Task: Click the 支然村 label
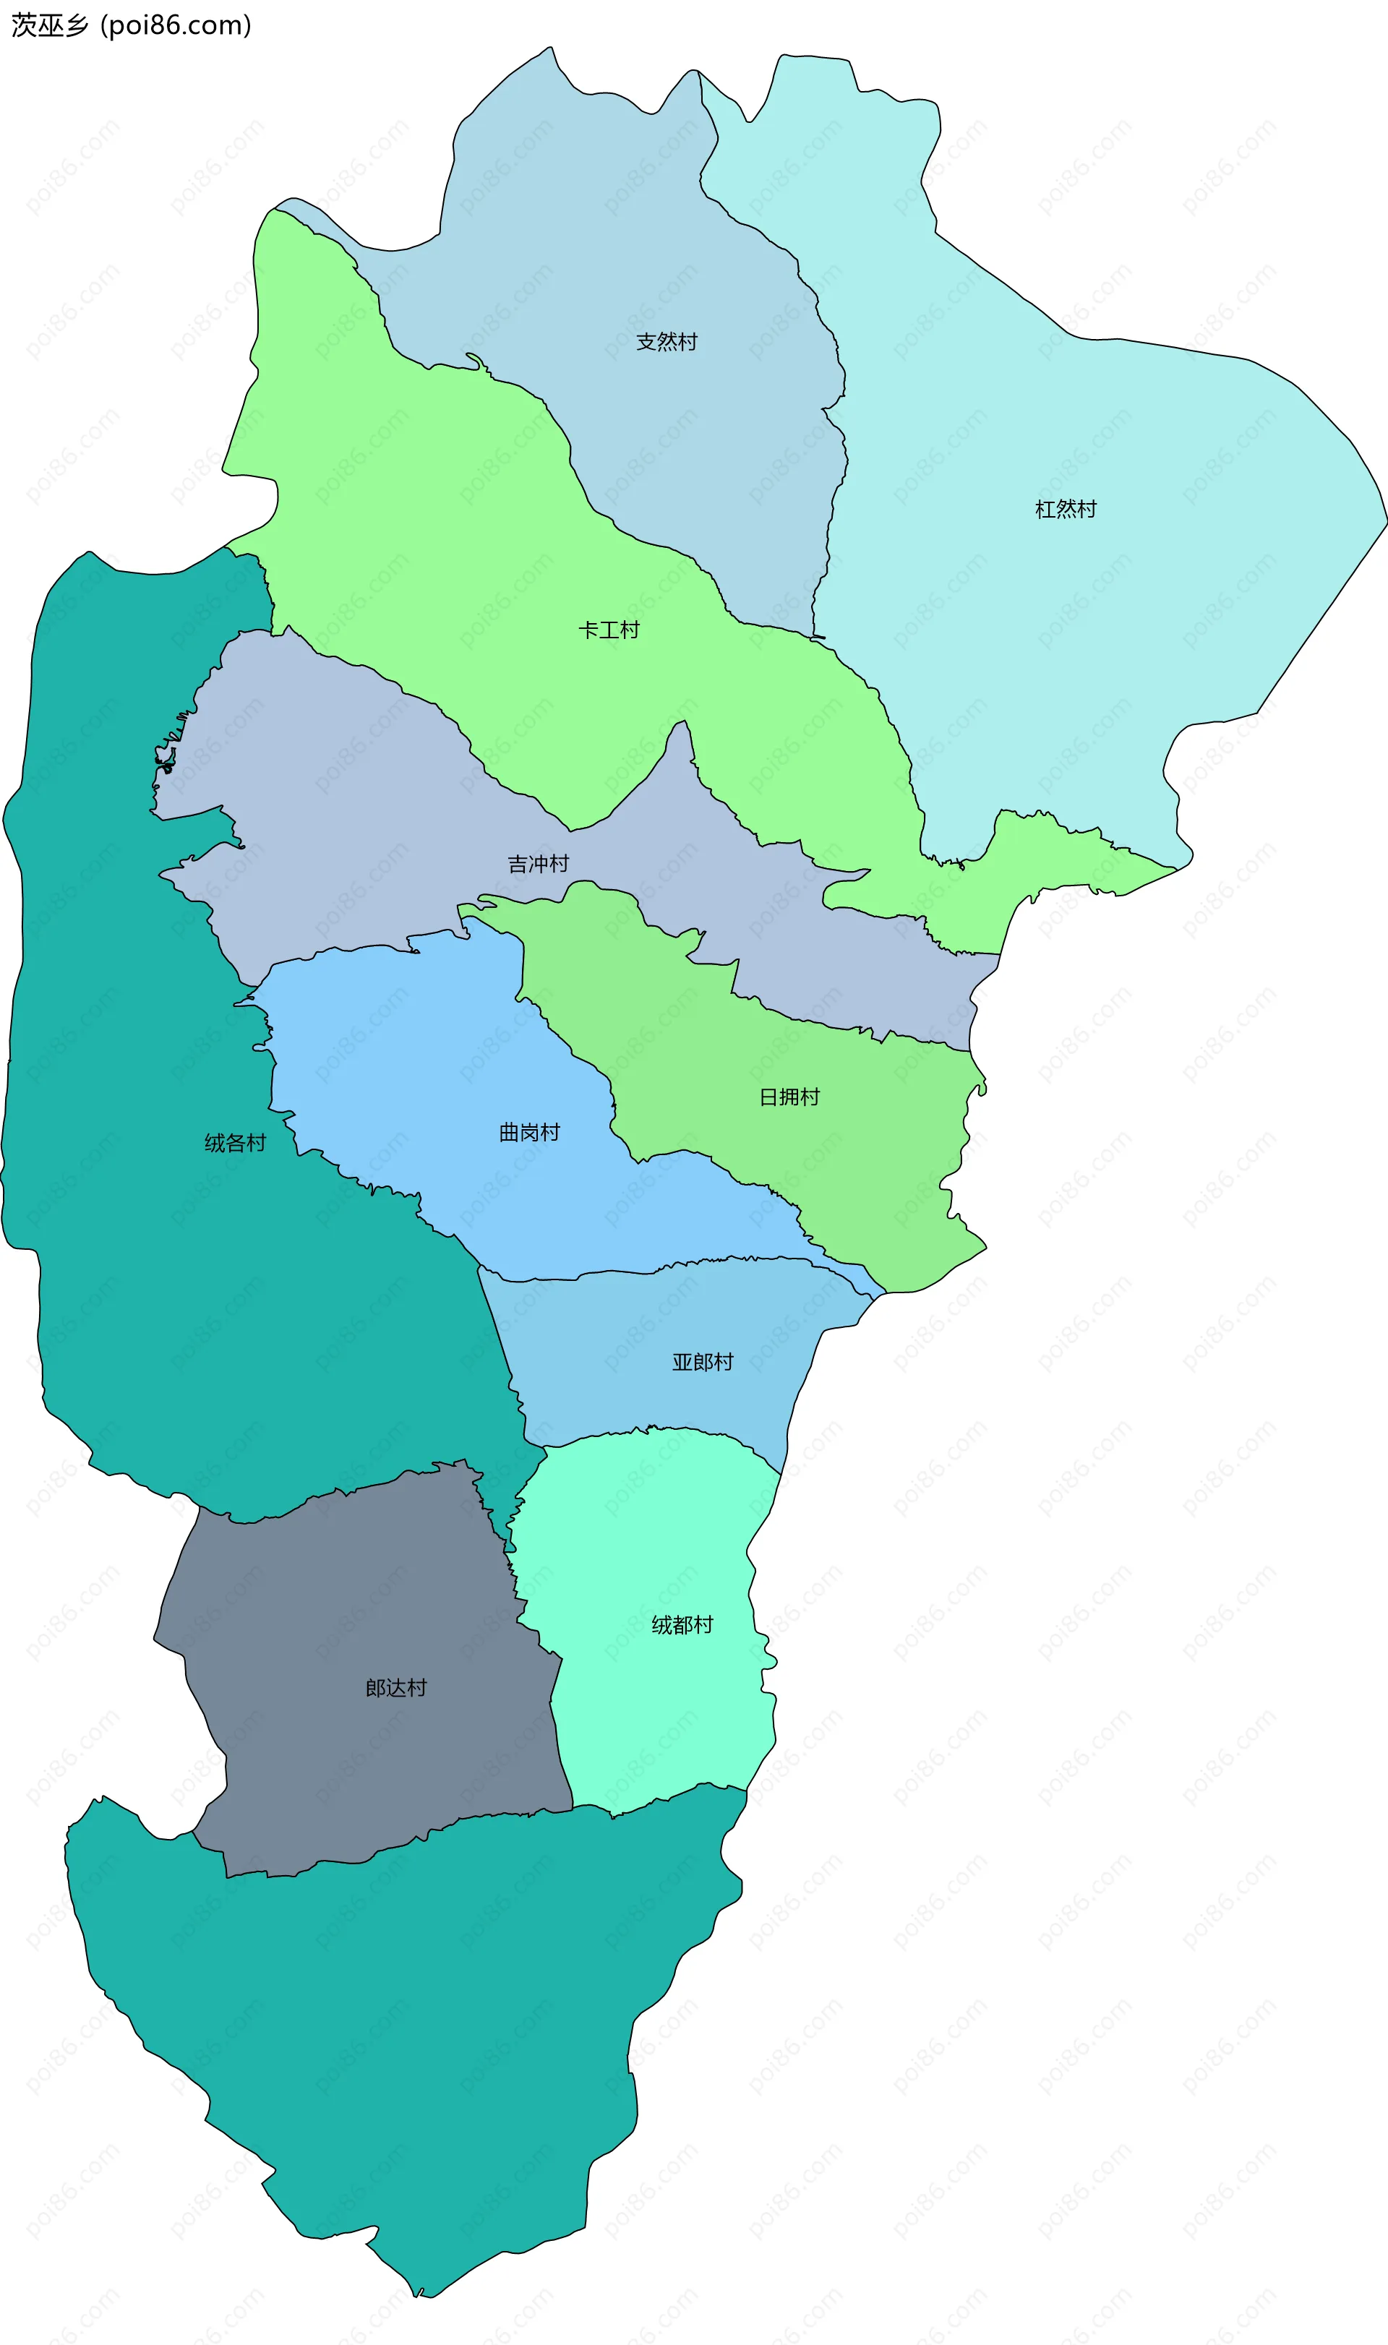coord(666,342)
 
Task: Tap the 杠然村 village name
coord(1066,510)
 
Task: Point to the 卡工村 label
coord(609,630)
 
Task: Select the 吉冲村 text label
coord(538,864)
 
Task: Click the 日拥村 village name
coord(789,1097)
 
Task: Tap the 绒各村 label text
coord(236,1143)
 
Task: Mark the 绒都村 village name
coord(682,1625)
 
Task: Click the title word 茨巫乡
coord(50,25)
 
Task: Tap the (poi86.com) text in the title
coord(176,25)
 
